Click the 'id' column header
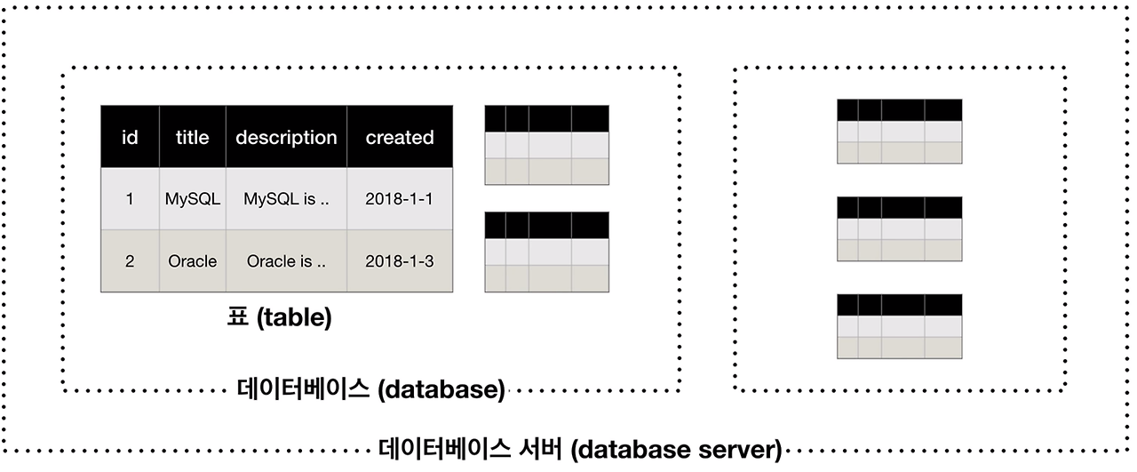pyautogui.click(x=130, y=137)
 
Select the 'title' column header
pyautogui.click(x=192, y=137)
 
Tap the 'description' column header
pyautogui.click(x=286, y=137)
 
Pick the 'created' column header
pyautogui.click(x=400, y=137)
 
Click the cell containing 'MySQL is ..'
pyautogui.click(x=286, y=199)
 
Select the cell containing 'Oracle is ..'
pyautogui.click(x=286, y=261)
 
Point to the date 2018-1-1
pyautogui.click(x=400, y=199)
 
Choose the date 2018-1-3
pyautogui.click(x=400, y=261)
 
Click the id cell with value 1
pyautogui.click(x=130, y=199)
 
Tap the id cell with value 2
pyautogui.click(x=130, y=261)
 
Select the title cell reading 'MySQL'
pyautogui.click(x=192, y=199)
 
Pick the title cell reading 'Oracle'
pyautogui.click(x=192, y=261)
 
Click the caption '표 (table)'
pyautogui.click(x=279, y=318)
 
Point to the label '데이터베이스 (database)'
pyautogui.click(x=371, y=389)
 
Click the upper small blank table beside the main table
pyautogui.click(x=546, y=145)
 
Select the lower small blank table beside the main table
pyautogui.click(x=546, y=252)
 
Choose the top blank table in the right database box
pyautogui.click(x=899, y=132)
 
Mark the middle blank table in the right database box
pyautogui.click(x=899, y=229)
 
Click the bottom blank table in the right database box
pyautogui.click(x=899, y=326)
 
